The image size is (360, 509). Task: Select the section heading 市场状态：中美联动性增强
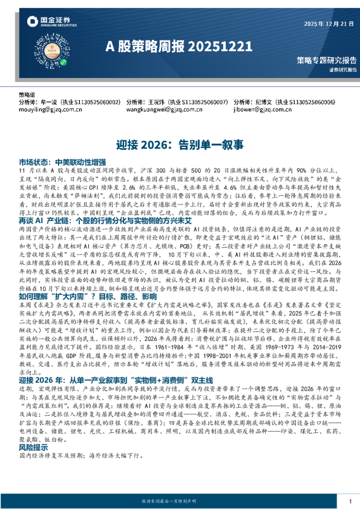pos(62,163)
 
